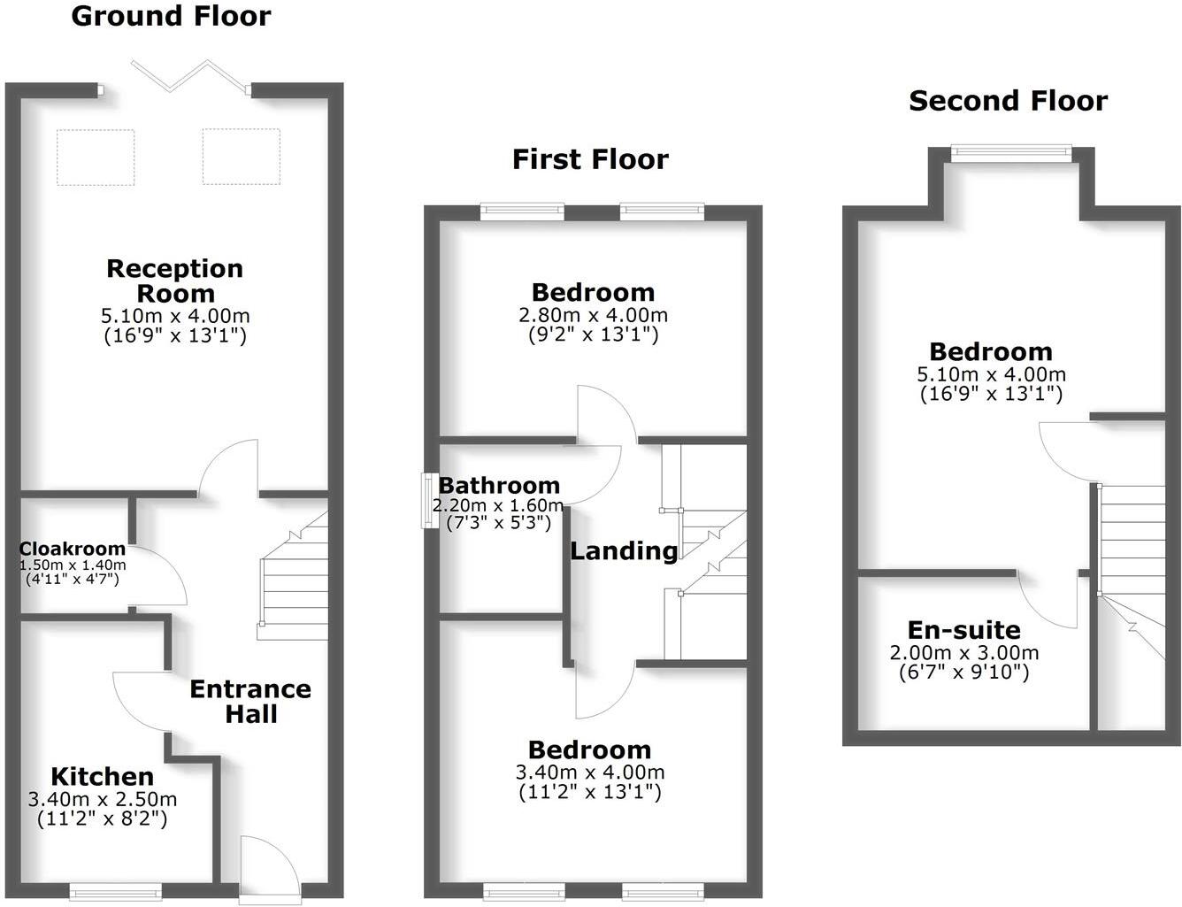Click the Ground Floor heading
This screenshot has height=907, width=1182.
click(x=171, y=16)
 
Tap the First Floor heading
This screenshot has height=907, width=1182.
click(x=590, y=159)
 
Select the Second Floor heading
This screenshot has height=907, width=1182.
click(x=1008, y=101)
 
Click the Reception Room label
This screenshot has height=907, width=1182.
click(x=174, y=281)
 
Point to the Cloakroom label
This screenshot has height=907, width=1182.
click(x=73, y=549)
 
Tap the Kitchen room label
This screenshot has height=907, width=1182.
click(x=102, y=777)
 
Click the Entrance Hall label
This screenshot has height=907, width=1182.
click(x=250, y=701)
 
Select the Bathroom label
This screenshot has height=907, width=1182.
click(x=499, y=485)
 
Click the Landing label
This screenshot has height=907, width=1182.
click(x=623, y=550)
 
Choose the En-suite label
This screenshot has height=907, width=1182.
click(x=963, y=630)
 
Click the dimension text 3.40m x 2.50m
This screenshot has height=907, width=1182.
click(x=103, y=800)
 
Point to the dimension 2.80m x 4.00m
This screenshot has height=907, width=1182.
click(x=593, y=315)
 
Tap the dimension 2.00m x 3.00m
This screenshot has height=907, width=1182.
click(x=963, y=653)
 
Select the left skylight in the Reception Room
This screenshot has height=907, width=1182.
click(x=96, y=157)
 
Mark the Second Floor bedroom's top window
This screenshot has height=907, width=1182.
click(x=1011, y=154)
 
